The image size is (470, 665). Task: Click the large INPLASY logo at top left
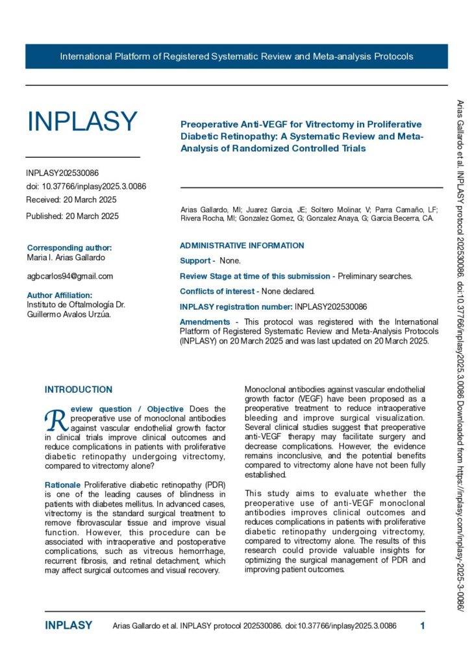[x=82, y=121]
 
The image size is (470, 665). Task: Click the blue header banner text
[x=236, y=56]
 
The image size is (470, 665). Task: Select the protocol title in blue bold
[x=301, y=136]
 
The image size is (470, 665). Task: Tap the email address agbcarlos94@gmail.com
[x=69, y=276]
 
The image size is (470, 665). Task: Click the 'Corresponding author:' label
[x=69, y=247]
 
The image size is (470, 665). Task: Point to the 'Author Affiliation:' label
[x=64, y=295]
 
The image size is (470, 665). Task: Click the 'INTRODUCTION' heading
[x=79, y=390]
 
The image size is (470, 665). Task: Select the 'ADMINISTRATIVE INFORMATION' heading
[x=241, y=245]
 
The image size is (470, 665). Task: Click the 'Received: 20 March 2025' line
[x=71, y=199]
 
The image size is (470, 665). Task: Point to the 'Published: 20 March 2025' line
[x=72, y=216]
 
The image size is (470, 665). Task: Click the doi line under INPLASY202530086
[x=86, y=186]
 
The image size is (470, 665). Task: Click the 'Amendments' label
[x=204, y=321]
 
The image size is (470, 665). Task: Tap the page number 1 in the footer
[x=423, y=626]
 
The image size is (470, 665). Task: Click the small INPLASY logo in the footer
[x=68, y=625]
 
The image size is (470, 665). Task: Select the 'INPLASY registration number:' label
[x=236, y=306]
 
